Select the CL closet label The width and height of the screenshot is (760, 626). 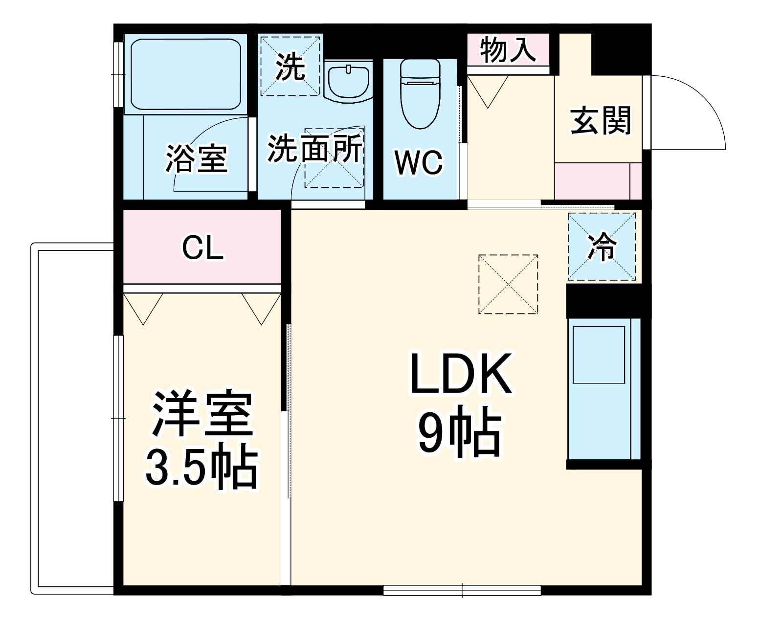202,248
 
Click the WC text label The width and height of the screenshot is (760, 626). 419,162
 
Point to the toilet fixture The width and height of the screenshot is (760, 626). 420,93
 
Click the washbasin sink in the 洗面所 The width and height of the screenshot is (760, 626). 348,81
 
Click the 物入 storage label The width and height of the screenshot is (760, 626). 508,49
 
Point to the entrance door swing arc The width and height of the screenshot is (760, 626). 704,103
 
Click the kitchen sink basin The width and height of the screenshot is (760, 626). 599,355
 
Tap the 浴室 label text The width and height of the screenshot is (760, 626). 197,158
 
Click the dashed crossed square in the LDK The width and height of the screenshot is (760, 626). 508,284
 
